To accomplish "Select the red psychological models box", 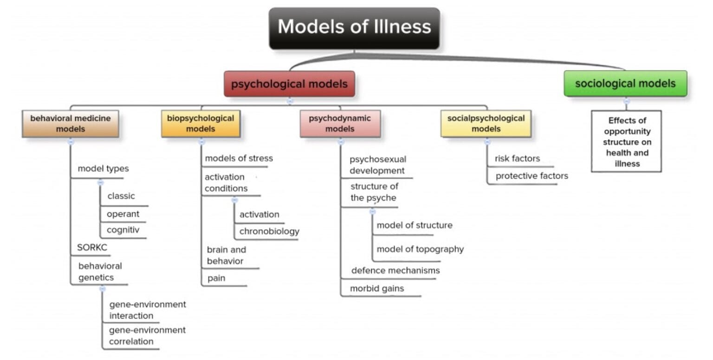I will (289, 84).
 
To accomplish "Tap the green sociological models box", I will (625, 84).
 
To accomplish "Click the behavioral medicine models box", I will (71, 124).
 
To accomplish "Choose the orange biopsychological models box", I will (201, 124).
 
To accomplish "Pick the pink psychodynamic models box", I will (340, 124).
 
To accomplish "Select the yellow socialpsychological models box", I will (486, 124).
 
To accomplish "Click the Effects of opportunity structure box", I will (626, 142).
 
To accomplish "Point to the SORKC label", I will (92, 248).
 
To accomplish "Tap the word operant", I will (123, 214).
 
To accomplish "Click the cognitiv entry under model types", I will (123, 230).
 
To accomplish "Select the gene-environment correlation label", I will (147, 336).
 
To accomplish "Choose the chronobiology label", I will (269, 231).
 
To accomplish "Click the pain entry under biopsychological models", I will (216, 279).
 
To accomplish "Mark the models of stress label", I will (239, 158).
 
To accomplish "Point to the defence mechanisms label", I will (395, 270).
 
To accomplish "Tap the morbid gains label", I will (376, 288).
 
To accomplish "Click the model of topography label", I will (420, 249).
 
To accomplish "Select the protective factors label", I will (532, 176).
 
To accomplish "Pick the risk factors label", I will (517, 159).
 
